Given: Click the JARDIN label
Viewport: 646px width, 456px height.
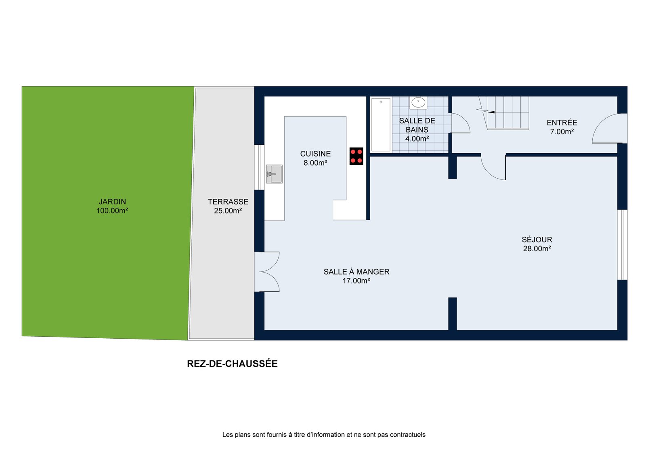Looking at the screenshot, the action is pyautogui.click(x=113, y=201).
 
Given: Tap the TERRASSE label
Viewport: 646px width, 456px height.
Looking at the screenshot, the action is pyautogui.click(x=228, y=201).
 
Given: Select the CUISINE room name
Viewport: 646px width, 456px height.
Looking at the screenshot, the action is pyautogui.click(x=315, y=154).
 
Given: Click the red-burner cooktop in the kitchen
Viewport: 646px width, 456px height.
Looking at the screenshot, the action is pyautogui.click(x=356, y=156).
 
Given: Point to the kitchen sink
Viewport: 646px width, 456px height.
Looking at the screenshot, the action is pyautogui.click(x=274, y=174).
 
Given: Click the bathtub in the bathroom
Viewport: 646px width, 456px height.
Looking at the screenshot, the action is pyautogui.click(x=381, y=125).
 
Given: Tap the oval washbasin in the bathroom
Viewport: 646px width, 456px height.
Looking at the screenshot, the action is pyautogui.click(x=418, y=102).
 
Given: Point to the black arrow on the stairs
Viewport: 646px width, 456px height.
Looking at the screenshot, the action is pyautogui.click(x=491, y=112).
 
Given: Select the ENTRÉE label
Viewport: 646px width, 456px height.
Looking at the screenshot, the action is pyautogui.click(x=562, y=123).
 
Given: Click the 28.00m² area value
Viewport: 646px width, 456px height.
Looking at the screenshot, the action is pyautogui.click(x=537, y=248).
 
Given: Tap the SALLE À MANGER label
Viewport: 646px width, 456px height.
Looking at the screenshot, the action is pyautogui.click(x=356, y=271).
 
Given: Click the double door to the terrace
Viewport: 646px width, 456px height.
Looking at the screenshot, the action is pyautogui.click(x=267, y=272).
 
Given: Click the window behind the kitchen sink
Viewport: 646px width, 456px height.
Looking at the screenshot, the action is pyautogui.click(x=259, y=167).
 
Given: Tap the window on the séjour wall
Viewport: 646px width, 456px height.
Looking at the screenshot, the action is pyautogui.click(x=622, y=245).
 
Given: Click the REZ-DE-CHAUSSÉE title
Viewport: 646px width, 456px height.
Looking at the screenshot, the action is pyautogui.click(x=232, y=364).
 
